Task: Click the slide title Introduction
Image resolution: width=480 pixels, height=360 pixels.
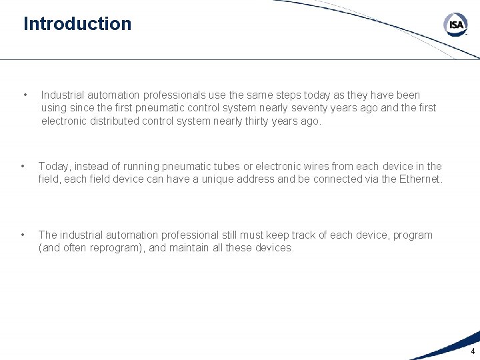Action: click(x=77, y=24)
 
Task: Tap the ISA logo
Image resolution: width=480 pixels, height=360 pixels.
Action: click(x=456, y=25)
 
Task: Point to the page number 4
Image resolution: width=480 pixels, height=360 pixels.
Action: click(x=473, y=351)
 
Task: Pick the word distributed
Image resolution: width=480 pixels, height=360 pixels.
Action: click(x=121, y=121)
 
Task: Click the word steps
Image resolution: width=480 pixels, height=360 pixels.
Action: click(x=267, y=95)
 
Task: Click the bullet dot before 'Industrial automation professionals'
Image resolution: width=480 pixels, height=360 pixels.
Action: click(x=25, y=94)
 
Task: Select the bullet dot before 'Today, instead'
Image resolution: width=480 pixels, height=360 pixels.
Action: click(x=23, y=165)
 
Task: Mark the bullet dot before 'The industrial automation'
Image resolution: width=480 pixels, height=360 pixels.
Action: click(x=23, y=234)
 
